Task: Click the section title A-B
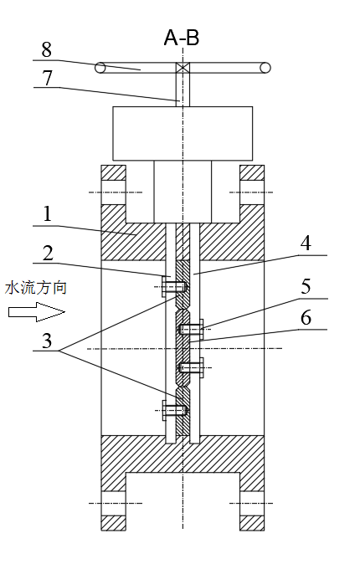182,38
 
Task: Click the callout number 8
46,49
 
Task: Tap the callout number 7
48,78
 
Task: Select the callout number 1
47,214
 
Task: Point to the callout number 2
48,254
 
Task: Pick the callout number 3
47,341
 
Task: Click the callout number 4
306,244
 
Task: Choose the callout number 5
306,287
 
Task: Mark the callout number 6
306,318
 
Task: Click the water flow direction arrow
37,312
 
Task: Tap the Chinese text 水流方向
36,288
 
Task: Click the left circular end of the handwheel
100,68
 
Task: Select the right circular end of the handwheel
265,68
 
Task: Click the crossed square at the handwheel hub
183,68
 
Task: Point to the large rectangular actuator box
183,133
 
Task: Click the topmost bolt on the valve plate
175,287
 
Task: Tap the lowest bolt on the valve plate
175,410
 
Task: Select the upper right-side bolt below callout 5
192,329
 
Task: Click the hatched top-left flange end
113,172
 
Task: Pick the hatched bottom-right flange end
252,523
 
